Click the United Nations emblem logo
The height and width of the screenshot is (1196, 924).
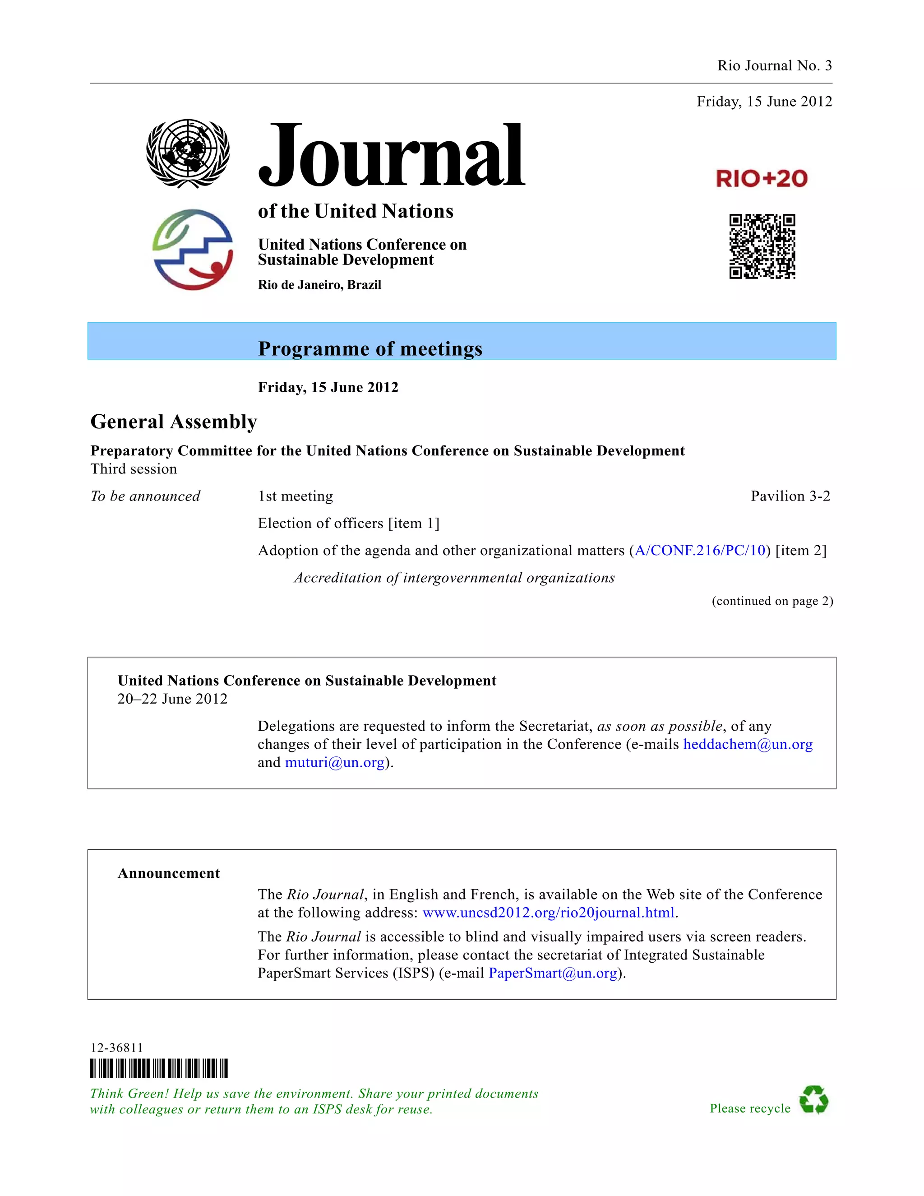pyautogui.click(x=188, y=154)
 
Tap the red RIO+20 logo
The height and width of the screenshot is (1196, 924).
pyautogui.click(x=762, y=179)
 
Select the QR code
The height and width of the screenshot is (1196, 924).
pyautogui.click(x=762, y=246)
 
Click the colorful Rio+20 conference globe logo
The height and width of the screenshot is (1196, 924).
pyautogui.click(x=193, y=249)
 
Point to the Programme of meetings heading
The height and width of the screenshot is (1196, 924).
pyautogui.click(x=370, y=349)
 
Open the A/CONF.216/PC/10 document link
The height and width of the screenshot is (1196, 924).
pyautogui.click(x=700, y=550)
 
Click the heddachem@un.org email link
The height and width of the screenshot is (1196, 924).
pyautogui.click(x=748, y=744)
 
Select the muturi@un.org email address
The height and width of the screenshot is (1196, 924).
pyautogui.click(x=334, y=762)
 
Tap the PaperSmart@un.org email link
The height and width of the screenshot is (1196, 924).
pyautogui.click(x=553, y=973)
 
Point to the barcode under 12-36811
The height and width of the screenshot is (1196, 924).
pyautogui.click(x=159, y=1068)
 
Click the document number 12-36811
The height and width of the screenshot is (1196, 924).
pyautogui.click(x=116, y=1048)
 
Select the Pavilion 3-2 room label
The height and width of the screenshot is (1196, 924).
pyautogui.click(x=790, y=496)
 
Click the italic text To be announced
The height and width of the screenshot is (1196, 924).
pyautogui.click(x=145, y=496)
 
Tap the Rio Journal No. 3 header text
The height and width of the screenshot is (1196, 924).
pyautogui.click(x=774, y=66)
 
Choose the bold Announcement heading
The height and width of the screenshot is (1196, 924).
pyautogui.click(x=169, y=873)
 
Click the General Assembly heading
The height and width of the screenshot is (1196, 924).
pyautogui.click(x=174, y=422)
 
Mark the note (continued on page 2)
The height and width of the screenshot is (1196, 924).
pyautogui.click(x=772, y=601)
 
